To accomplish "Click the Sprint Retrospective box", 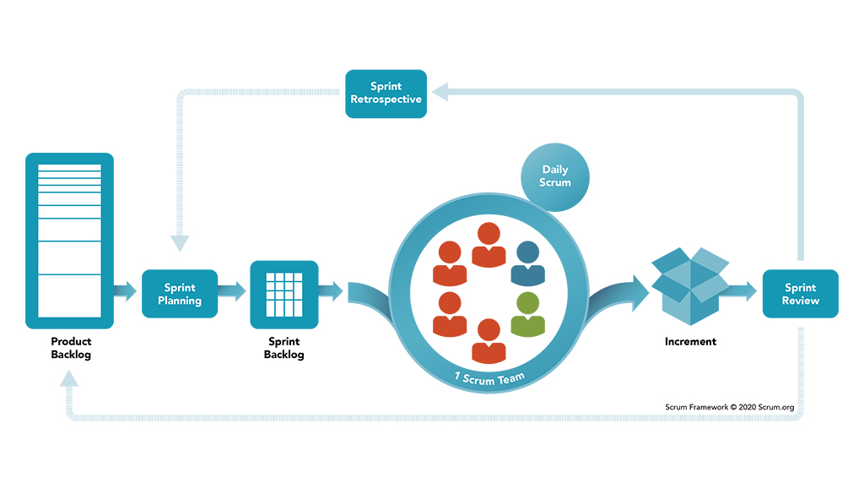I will click(386, 93).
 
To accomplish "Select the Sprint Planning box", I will click(180, 294).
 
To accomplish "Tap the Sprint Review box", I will click(800, 294).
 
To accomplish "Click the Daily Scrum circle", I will click(555, 176).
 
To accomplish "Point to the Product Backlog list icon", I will click(69, 241).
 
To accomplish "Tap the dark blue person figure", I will click(527, 263).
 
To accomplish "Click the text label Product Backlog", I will click(71, 348).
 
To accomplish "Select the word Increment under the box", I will click(690, 342).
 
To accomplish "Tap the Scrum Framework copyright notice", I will click(728, 407).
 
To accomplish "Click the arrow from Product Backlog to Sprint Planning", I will click(126, 292).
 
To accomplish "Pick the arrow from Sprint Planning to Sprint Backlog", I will click(233, 292).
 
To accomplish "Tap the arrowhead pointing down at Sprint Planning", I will click(180, 242).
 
